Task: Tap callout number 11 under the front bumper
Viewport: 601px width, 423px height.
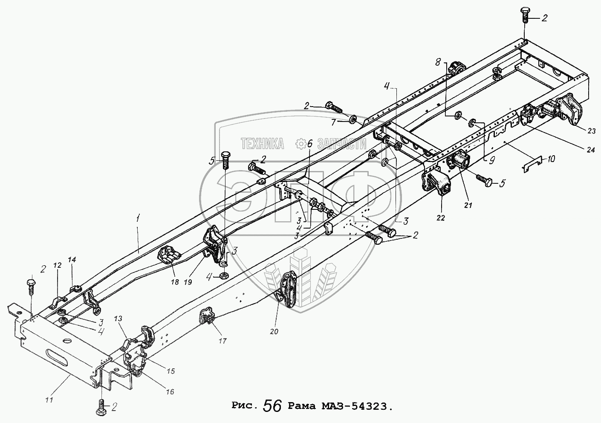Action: pyautogui.click(x=49, y=400)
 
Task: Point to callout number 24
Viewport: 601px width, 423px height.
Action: pyautogui.click(x=590, y=150)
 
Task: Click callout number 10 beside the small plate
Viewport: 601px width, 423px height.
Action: pyautogui.click(x=552, y=159)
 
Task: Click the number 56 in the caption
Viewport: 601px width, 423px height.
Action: pyautogui.click(x=272, y=406)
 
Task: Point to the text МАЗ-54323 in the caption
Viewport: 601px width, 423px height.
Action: pyautogui.click(x=360, y=406)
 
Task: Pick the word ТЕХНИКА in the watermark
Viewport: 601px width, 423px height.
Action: pyautogui.click(x=263, y=144)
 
